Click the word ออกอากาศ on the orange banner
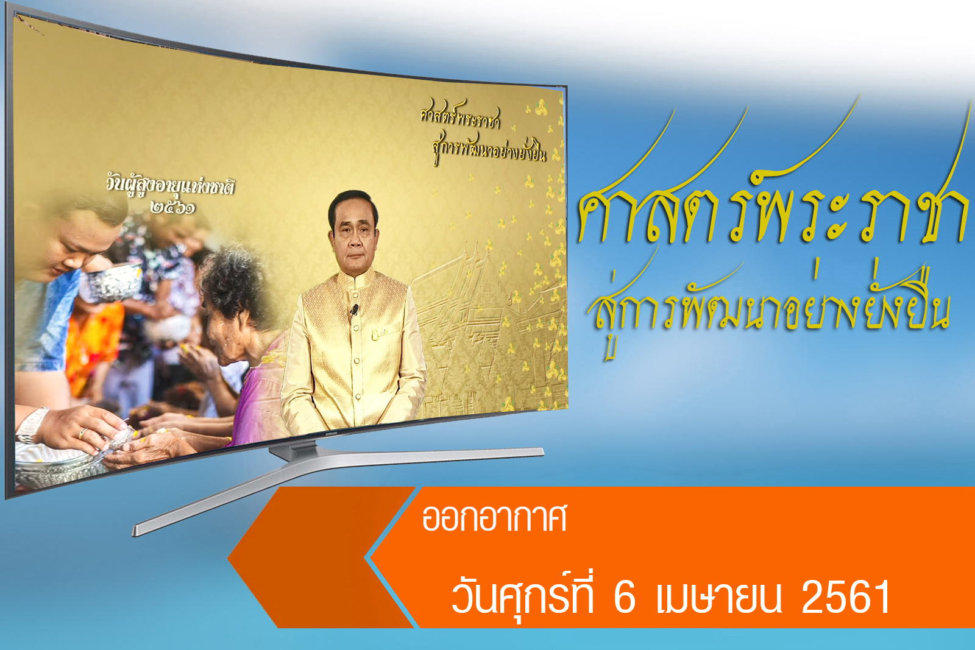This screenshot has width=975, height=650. [494, 518]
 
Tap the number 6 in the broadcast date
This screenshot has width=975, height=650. [625, 597]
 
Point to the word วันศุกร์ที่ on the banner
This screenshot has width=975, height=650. [522, 595]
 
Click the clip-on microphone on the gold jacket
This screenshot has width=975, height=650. [355, 310]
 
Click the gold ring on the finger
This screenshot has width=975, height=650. [82, 433]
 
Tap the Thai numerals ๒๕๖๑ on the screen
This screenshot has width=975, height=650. [173, 207]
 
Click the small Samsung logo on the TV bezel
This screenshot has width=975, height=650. [331, 433]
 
